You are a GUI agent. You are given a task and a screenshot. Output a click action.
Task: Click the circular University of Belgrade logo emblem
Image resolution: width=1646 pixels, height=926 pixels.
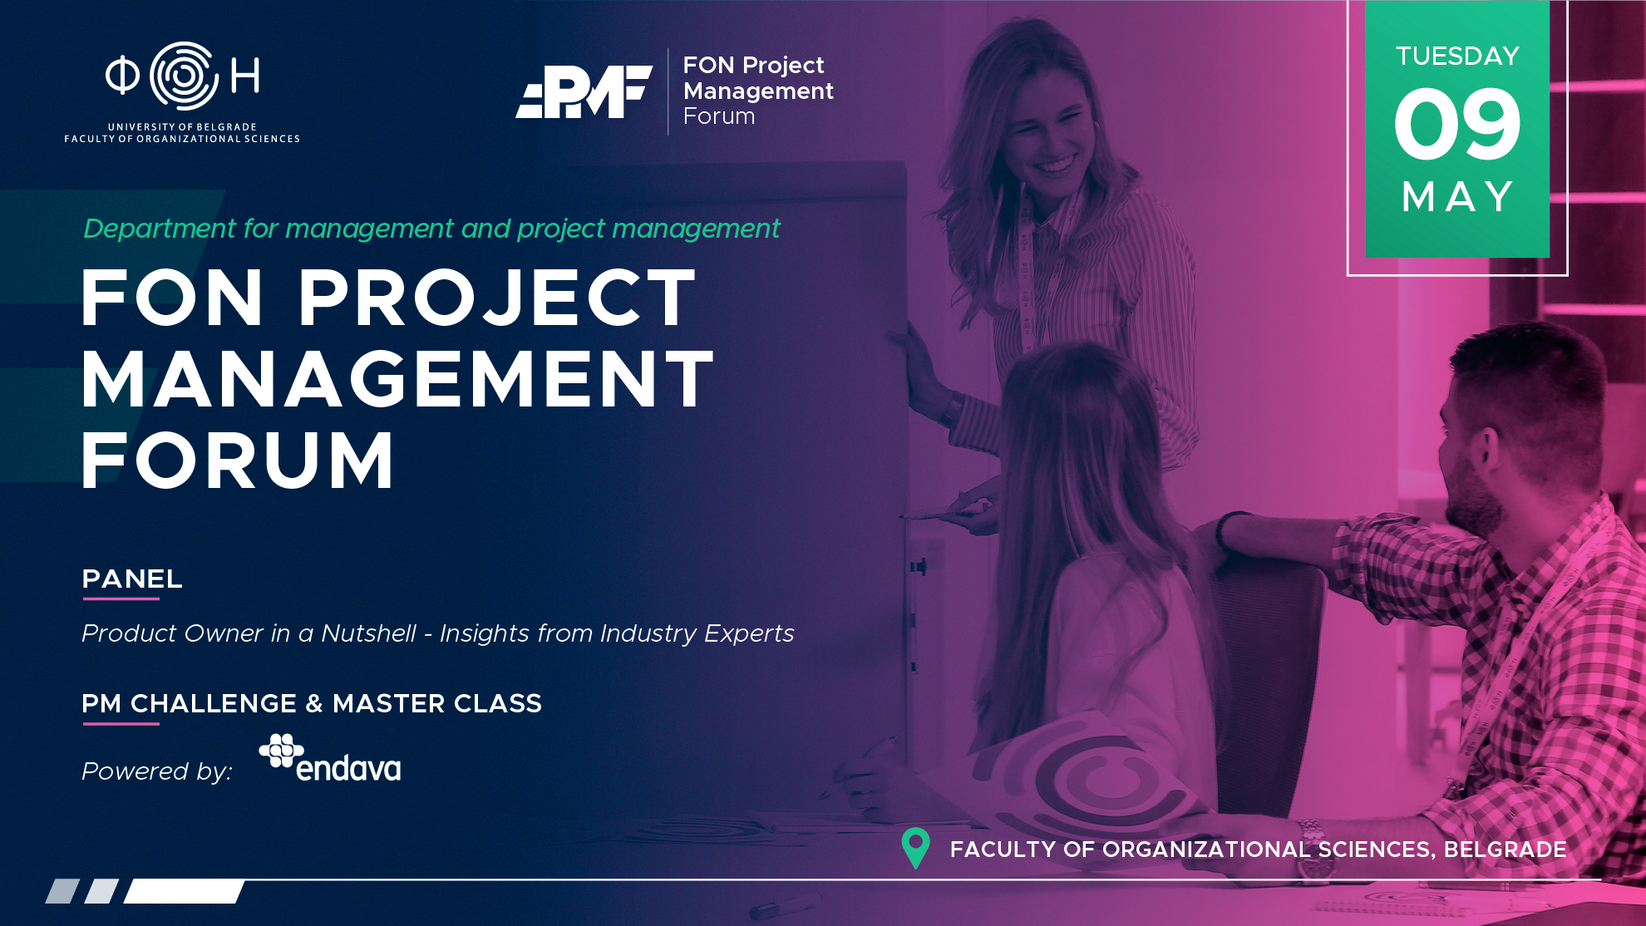click(x=184, y=76)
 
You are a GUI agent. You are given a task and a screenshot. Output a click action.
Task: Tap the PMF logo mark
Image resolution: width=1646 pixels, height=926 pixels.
click(x=584, y=91)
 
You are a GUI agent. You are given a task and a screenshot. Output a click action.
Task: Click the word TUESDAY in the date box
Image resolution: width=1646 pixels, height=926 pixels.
click(x=1457, y=56)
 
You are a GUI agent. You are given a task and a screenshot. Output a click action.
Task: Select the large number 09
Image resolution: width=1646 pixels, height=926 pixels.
click(x=1457, y=125)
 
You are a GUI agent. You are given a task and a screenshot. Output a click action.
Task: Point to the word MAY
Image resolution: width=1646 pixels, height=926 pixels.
click(x=1457, y=197)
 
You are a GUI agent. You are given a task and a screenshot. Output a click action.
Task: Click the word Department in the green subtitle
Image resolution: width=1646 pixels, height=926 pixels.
click(x=160, y=229)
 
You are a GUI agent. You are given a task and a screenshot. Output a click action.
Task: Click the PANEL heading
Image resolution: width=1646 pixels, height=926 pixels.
click(x=132, y=579)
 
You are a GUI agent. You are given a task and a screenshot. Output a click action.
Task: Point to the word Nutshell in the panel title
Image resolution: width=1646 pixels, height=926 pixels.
click(x=368, y=633)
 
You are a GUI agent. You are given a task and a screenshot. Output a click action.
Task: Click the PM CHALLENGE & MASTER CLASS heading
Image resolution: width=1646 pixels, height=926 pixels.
click(x=312, y=703)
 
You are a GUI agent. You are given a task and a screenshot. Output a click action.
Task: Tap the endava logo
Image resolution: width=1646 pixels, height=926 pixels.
click(x=330, y=758)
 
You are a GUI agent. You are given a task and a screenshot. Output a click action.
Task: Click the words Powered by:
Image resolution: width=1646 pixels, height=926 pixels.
click(x=157, y=771)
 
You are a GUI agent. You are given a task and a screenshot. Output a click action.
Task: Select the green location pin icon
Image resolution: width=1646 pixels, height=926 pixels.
click(x=915, y=848)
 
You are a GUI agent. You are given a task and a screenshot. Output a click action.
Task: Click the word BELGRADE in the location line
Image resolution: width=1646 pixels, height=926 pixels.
click(x=1505, y=850)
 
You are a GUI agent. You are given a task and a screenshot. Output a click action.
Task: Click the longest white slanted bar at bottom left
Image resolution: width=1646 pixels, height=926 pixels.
click(x=184, y=891)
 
